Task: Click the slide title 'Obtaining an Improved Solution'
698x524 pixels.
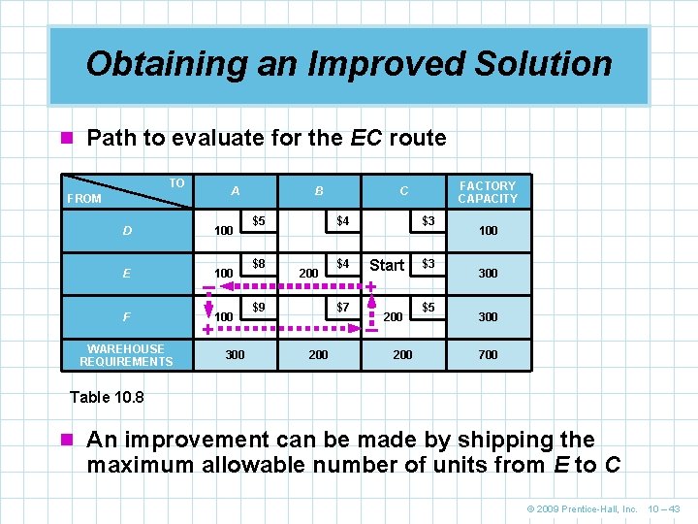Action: point(349,64)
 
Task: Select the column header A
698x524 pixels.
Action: point(236,191)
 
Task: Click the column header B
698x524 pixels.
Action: point(319,191)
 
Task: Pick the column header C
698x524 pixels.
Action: point(403,191)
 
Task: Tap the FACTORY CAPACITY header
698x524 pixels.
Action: point(488,191)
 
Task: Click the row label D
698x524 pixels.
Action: point(127,231)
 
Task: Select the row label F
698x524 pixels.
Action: point(127,316)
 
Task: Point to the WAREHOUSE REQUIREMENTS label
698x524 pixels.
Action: point(126,355)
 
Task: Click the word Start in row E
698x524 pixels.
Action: point(387,265)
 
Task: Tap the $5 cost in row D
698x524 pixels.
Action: point(259,221)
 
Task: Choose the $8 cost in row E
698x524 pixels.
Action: point(259,263)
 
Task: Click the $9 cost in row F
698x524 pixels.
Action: point(259,307)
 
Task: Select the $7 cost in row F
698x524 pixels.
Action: point(342,307)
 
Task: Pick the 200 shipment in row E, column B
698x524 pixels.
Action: point(308,274)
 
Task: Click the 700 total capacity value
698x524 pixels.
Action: point(488,355)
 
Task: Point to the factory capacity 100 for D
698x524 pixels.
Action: point(488,231)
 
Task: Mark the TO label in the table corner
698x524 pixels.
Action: point(176,182)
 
